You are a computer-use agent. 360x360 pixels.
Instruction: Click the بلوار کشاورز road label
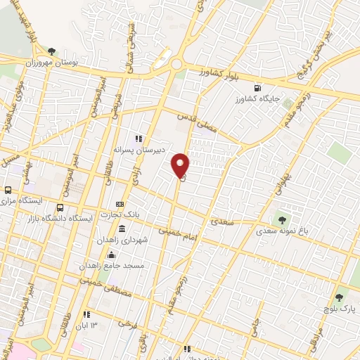point(201,72)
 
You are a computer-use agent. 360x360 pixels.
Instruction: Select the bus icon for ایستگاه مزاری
point(8,190)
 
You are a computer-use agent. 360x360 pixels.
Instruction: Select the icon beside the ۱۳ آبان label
point(86,315)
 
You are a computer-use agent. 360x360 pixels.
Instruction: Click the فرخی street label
point(126,324)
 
